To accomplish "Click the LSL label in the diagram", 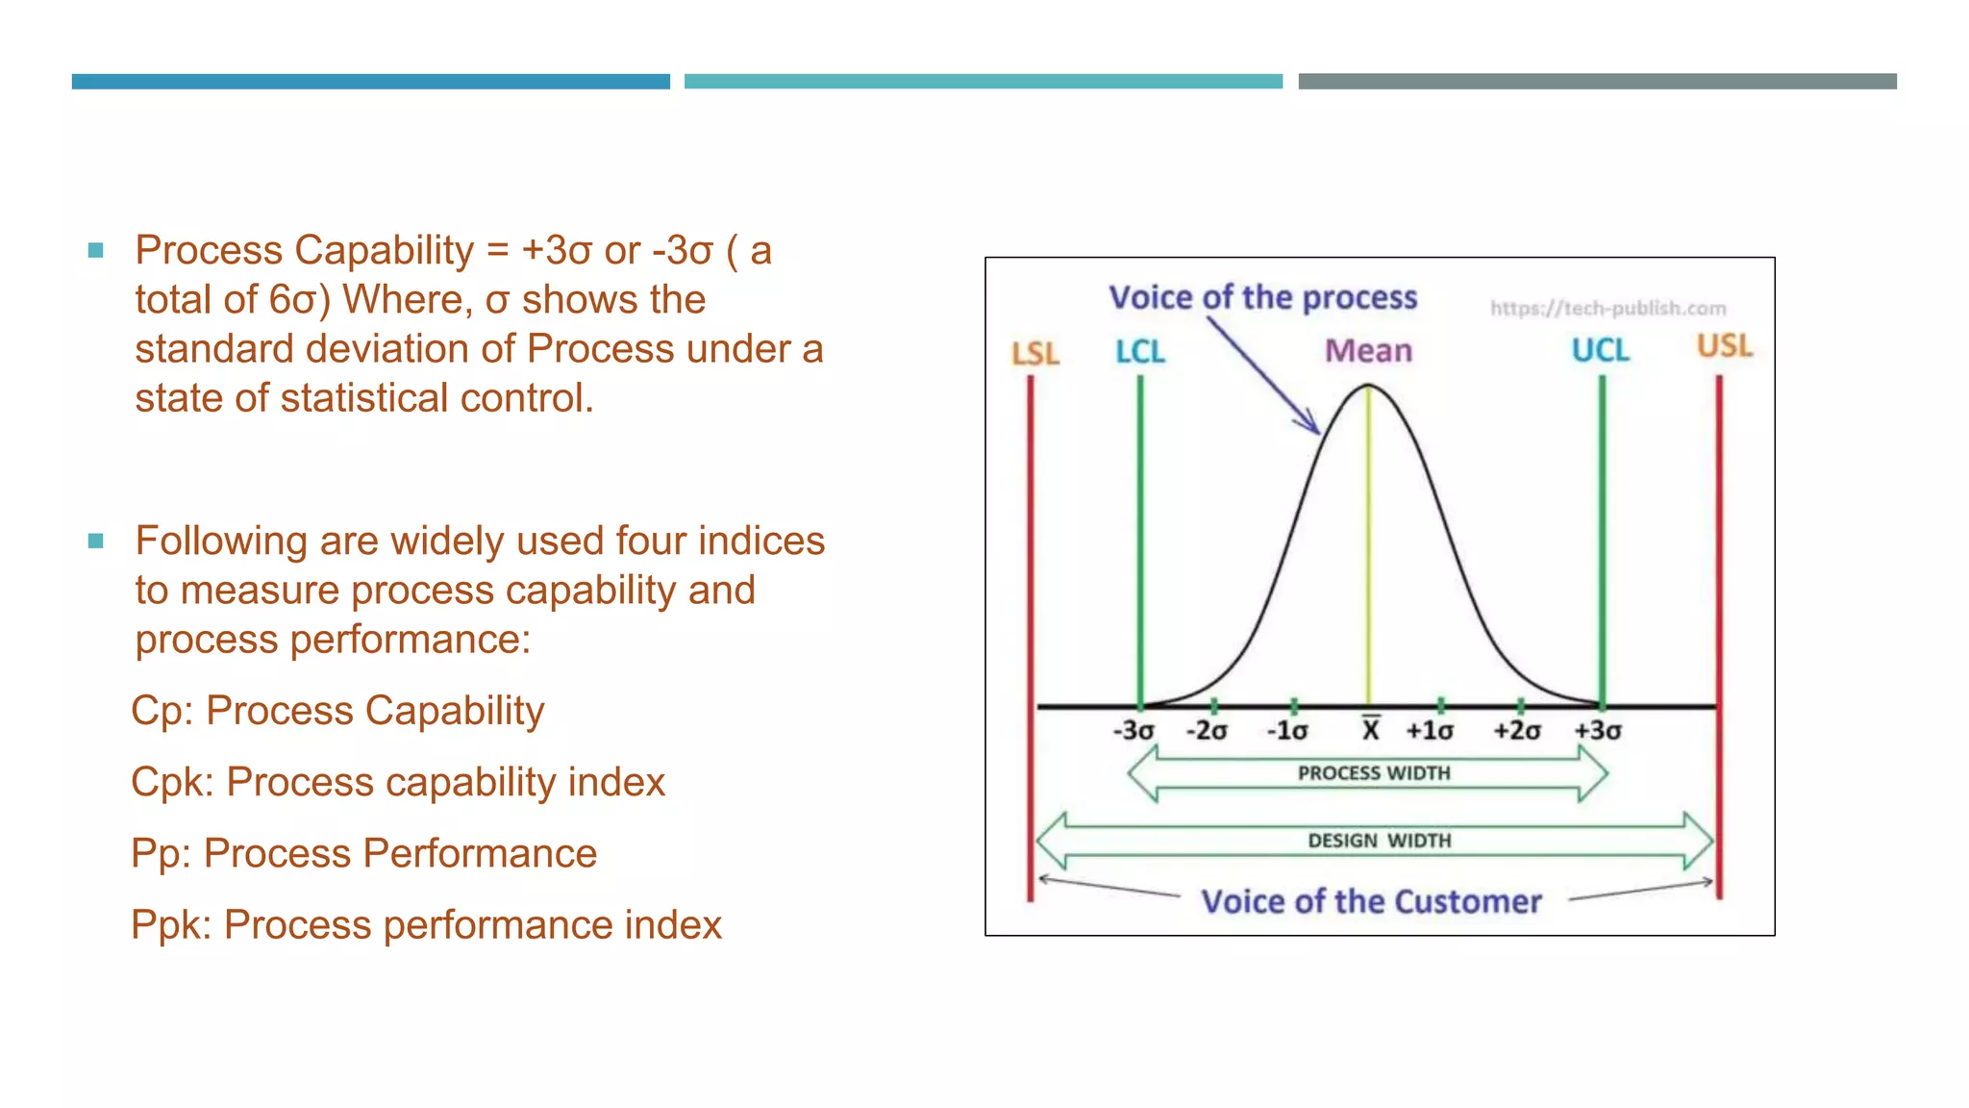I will click(x=1034, y=354).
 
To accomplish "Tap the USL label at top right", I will click(x=1724, y=346).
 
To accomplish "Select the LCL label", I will click(x=1139, y=352).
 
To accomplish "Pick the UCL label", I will click(x=1600, y=350).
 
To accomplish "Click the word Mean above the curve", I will click(x=1368, y=351).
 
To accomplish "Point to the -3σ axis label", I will click(x=1133, y=731).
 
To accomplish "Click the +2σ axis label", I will click(x=1516, y=731).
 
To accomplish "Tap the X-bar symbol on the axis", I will click(x=1371, y=730).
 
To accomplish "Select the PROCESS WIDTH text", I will click(x=1373, y=773).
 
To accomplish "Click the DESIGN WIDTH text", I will click(x=1379, y=841).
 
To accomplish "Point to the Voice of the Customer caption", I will click(x=1371, y=902).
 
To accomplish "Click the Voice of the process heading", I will click(x=1262, y=298).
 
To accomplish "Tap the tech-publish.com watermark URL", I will click(x=1608, y=309).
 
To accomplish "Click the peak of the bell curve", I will click(x=1368, y=387).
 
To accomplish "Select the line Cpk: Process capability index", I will click(x=397, y=782).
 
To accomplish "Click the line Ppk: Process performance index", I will click(x=426, y=925).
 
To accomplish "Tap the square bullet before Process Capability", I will click(x=95, y=251).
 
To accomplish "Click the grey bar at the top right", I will click(x=1597, y=82).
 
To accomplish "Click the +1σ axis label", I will click(x=1429, y=731).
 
